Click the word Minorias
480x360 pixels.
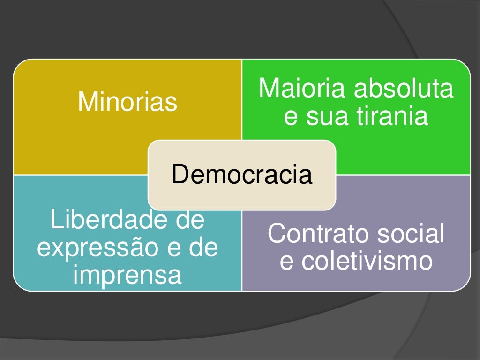127,101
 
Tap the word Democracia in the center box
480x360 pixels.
241,174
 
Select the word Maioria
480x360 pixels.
302,89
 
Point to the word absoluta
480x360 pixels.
404,89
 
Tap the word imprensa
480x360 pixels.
127,275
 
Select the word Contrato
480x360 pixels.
316,233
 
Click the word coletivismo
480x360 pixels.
367,261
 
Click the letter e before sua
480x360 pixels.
291,117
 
